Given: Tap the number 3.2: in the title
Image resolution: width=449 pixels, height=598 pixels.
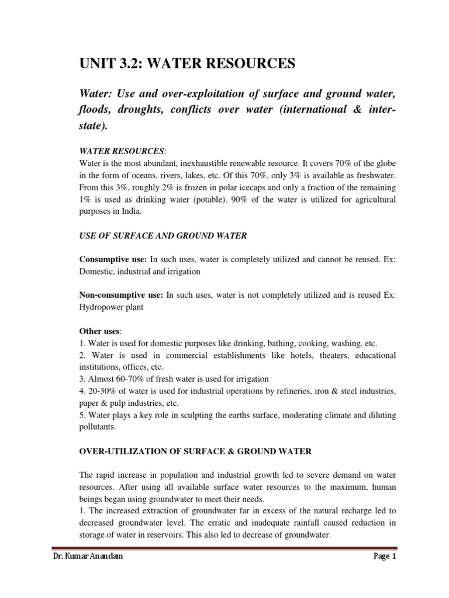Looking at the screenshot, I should pos(135,64).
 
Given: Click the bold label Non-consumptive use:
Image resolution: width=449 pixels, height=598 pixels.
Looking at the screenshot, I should pos(121,295).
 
